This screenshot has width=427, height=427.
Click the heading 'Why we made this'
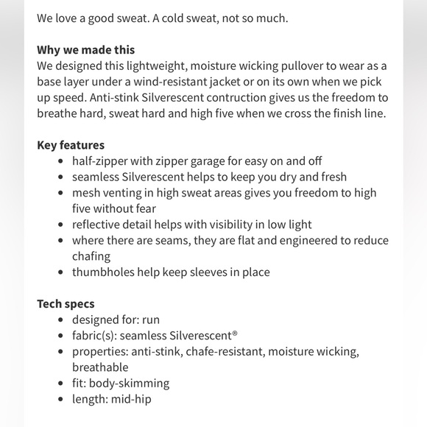(x=85, y=50)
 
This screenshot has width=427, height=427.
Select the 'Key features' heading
(x=71, y=145)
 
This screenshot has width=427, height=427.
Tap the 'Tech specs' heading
(x=66, y=303)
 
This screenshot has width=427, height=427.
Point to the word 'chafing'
(x=91, y=256)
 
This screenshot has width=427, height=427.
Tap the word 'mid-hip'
(x=133, y=400)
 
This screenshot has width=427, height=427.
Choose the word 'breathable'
(x=100, y=367)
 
